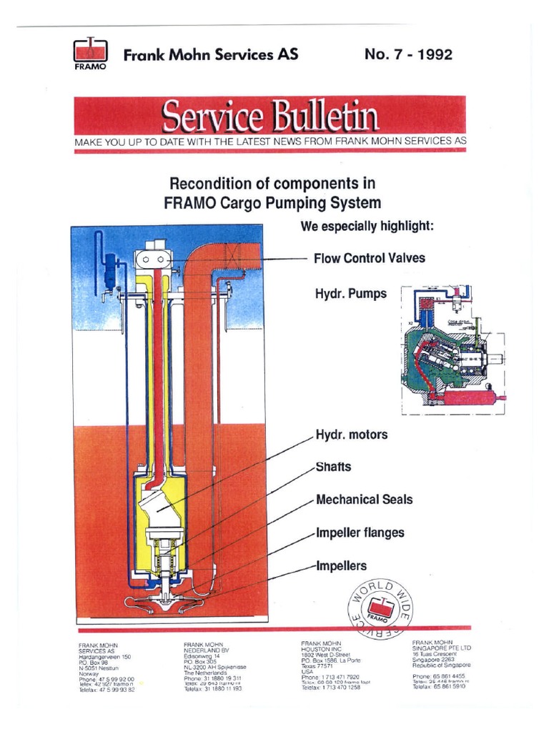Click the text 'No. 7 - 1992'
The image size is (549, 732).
click(x=408, y=54)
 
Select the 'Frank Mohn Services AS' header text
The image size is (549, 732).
click(x=211, y=54)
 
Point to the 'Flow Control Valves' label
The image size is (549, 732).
click(x=369, y=258)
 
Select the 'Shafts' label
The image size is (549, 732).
click(x=333, y=467)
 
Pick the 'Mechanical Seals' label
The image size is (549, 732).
click(x=364, y=500)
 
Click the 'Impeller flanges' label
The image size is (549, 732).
click(x=360, y=533)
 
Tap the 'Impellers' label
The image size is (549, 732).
click(x=341, y=565)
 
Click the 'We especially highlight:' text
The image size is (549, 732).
click(x=367, y=227)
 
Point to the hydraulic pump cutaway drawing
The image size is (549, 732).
click(x=452, y=350)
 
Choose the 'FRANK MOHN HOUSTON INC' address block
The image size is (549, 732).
click(x=331, y=666)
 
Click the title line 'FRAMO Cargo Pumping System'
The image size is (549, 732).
click(x=272, y=202)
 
